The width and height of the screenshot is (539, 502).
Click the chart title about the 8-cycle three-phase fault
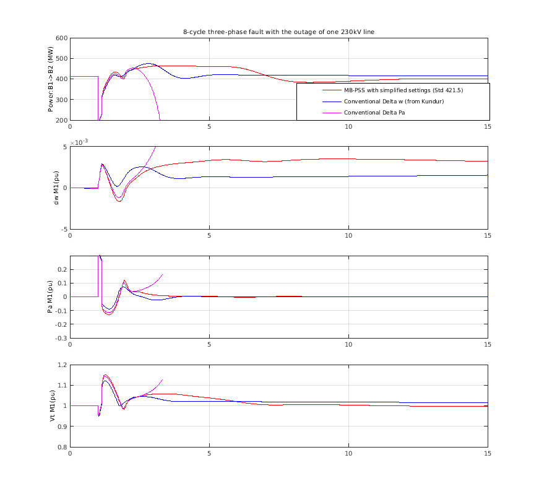tap(278, 32)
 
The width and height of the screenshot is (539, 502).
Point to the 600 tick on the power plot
tap(61, 38)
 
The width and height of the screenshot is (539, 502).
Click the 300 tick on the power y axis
tap(61, 100)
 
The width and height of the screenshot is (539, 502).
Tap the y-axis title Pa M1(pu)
tap(50, 297)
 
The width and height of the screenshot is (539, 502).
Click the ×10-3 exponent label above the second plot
tap(79, 142)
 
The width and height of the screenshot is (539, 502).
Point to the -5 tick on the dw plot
tap(63, 229)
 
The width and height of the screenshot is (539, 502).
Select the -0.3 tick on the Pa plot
tap(60, 338)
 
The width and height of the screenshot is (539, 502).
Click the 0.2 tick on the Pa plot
tap(61, 270)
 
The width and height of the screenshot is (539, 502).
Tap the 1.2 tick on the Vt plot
tap(61, 365)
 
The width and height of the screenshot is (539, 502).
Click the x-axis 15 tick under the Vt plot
tap(488, 454)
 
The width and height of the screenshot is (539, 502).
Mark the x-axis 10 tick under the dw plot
tap(348, 236)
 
